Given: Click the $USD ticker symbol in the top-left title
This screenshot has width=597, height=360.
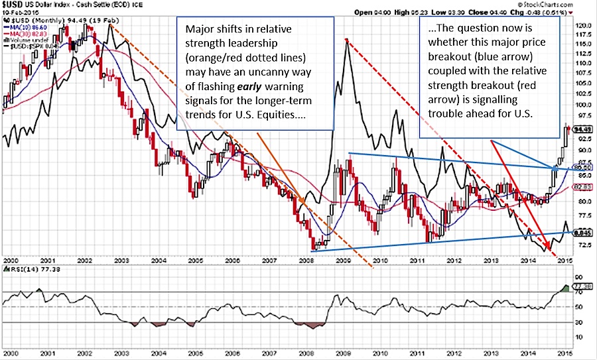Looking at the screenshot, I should pos(15,4).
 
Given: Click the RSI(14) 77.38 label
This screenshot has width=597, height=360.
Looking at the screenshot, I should pos(24,270).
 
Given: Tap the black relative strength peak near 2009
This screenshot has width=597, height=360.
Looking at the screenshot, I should pos(346,41).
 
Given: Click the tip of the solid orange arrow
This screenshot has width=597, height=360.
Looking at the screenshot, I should pos(304,203).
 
